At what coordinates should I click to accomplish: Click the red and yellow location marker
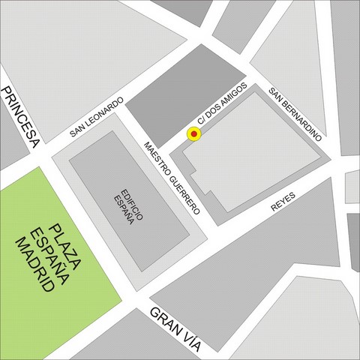pyautogui.click(x=194, y=134)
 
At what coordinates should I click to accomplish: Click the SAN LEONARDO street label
pyautogui.click(x=97, y=118)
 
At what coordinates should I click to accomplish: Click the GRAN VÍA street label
pyautogui.click(x=175, y=328)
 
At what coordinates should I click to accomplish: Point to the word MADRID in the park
pyautogui.click(x=36, y=264)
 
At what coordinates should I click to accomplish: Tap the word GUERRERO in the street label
pyautogui.click(x=183, y=190)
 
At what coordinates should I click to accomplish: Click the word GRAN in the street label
pyautogui.click(x=161, y=319)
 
